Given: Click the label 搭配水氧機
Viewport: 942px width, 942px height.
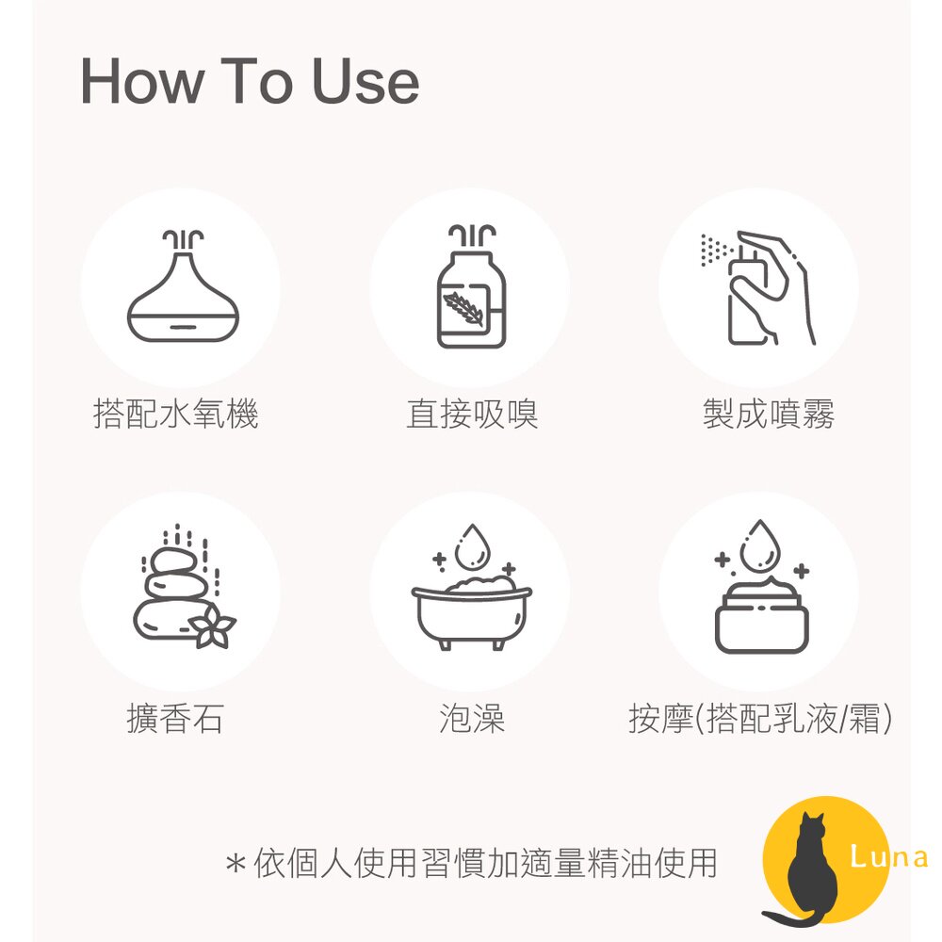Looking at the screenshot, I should (176, 414).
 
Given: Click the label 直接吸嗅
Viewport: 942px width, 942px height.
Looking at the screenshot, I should (472, 414).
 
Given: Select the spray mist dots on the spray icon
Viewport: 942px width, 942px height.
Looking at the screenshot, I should (715, 251).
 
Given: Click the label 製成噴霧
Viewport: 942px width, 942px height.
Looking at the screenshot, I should (768, 414).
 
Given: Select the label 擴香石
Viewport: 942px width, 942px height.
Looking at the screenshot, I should (175, 719).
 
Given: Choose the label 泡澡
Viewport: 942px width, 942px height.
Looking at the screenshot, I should (472, 719).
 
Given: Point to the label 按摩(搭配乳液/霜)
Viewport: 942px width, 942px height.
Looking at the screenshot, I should (760, 719).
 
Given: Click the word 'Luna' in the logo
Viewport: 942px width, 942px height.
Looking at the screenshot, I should (888, 857).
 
